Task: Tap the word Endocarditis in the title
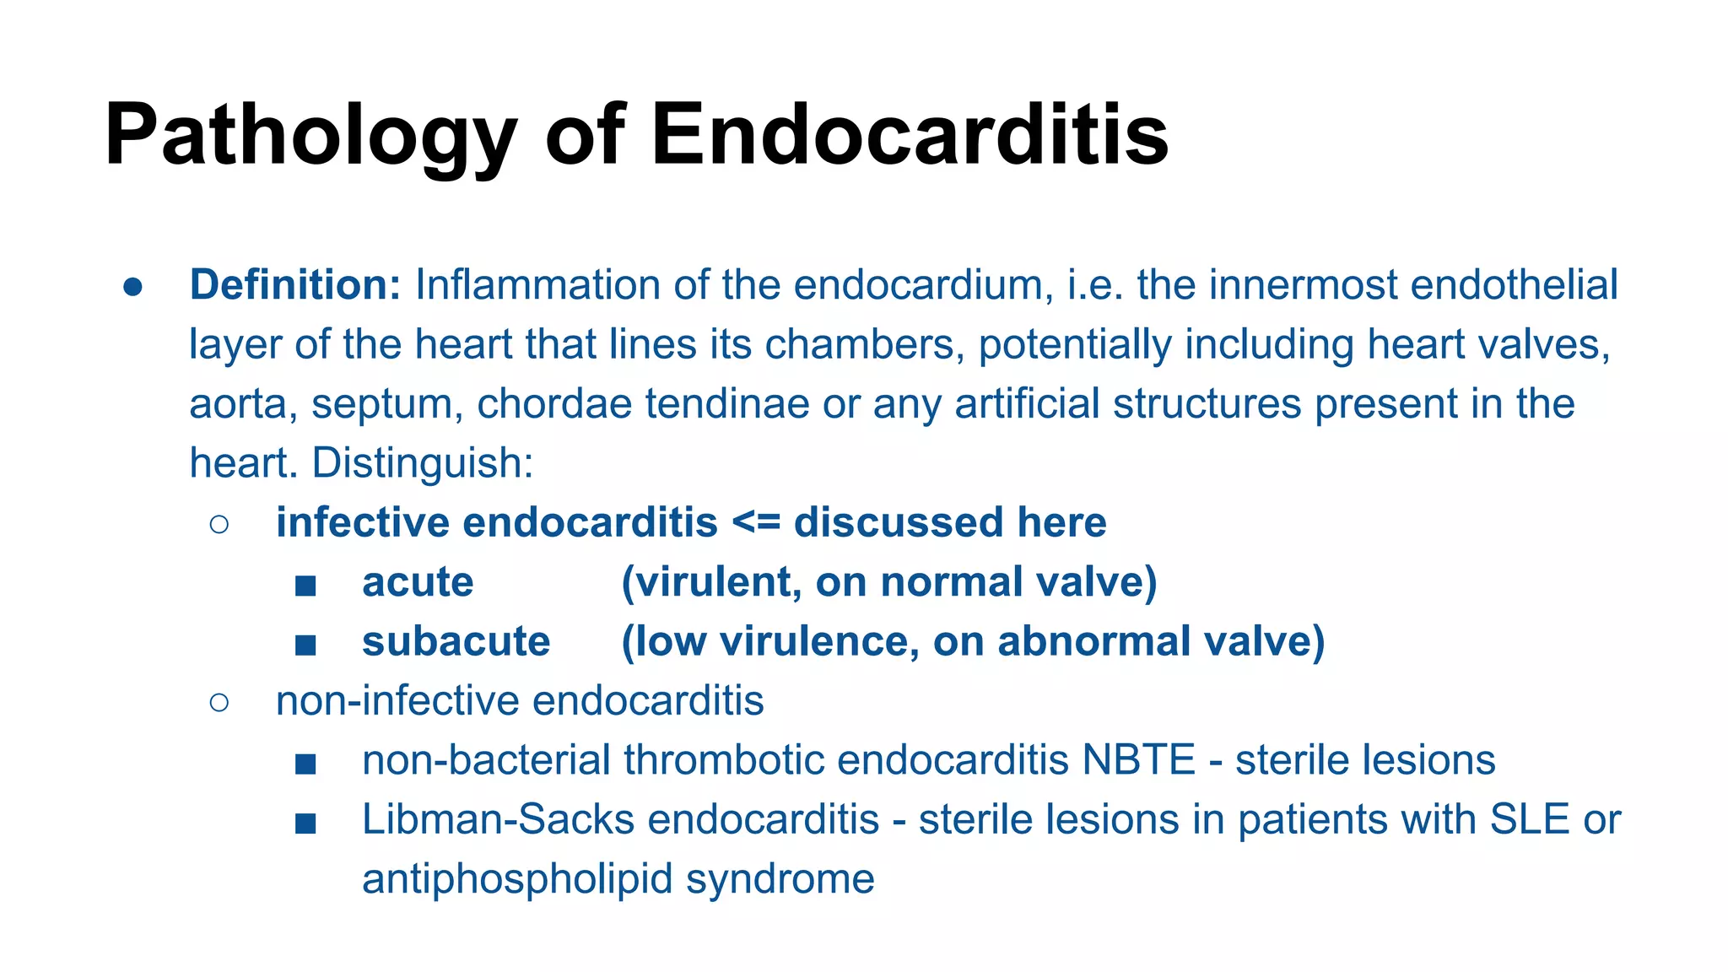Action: tap(910, 135)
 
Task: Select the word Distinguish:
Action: tap(422, 463)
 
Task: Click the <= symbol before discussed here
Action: tap(756, 522)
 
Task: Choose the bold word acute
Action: tap(418, 582)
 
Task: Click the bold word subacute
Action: tap(456, 641)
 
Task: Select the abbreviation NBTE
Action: tap(1138, 759)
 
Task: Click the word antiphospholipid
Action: tap(516, 879)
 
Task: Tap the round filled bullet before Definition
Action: tap(132, 287)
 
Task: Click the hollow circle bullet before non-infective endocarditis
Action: tap(219, 702)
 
